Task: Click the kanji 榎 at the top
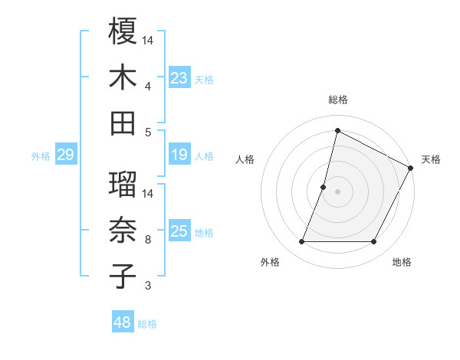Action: pos(123,32)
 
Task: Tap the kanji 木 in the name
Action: pos(123,77)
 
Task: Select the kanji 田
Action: pos(123,123)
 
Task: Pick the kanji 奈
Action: pos(123,231)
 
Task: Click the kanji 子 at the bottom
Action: pos(123,276)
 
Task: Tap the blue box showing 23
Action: pos(179,78)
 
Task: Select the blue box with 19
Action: pos(179,155)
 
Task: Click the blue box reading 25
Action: pos(179,232)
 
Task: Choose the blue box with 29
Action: pos(65,155)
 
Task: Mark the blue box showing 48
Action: pos(123,323)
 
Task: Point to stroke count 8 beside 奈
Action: pos(147,240)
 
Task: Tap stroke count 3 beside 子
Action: pos(147,286)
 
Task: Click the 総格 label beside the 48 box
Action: pos(148,324)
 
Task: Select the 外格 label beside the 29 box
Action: pos(41,156)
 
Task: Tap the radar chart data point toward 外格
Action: pos(301,242)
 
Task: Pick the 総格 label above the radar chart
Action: pos(337,100)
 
